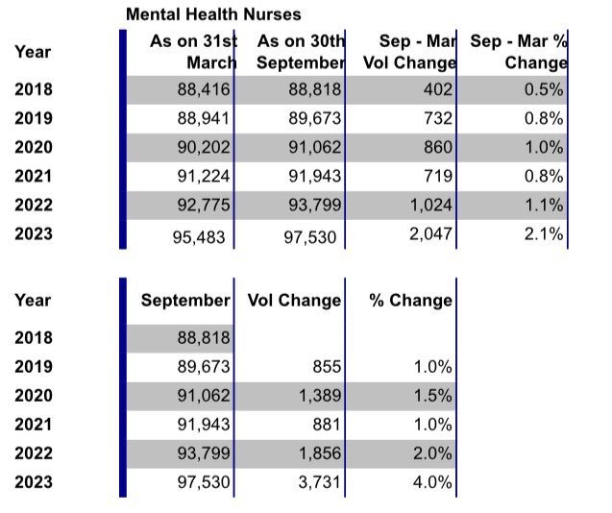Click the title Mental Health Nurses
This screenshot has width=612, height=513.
click(213, 14)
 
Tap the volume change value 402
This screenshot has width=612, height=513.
click(437, 91)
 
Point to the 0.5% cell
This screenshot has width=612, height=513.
click(545, 91)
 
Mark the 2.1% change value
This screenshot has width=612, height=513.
click(545, 235)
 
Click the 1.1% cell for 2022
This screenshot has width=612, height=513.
click(545, 206)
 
